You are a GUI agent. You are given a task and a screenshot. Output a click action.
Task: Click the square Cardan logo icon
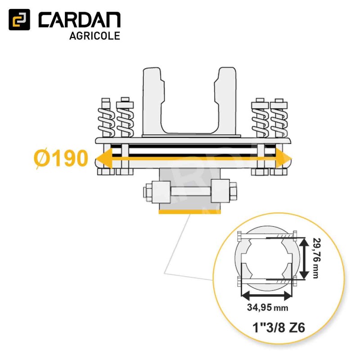(19, 19)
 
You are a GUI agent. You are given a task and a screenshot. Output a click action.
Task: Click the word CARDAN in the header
(80, 20)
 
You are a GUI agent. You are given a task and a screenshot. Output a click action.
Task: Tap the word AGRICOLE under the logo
(94, 36)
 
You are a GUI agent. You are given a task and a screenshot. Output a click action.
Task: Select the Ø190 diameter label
(61, 158)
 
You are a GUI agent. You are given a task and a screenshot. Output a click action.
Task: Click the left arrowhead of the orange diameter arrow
(103, 158)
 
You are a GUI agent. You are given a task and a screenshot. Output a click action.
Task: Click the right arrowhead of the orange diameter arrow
(284, 158)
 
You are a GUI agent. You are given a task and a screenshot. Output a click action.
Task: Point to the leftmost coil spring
(106, 121)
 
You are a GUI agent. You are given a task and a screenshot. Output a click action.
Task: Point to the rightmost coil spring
(279, 121)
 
